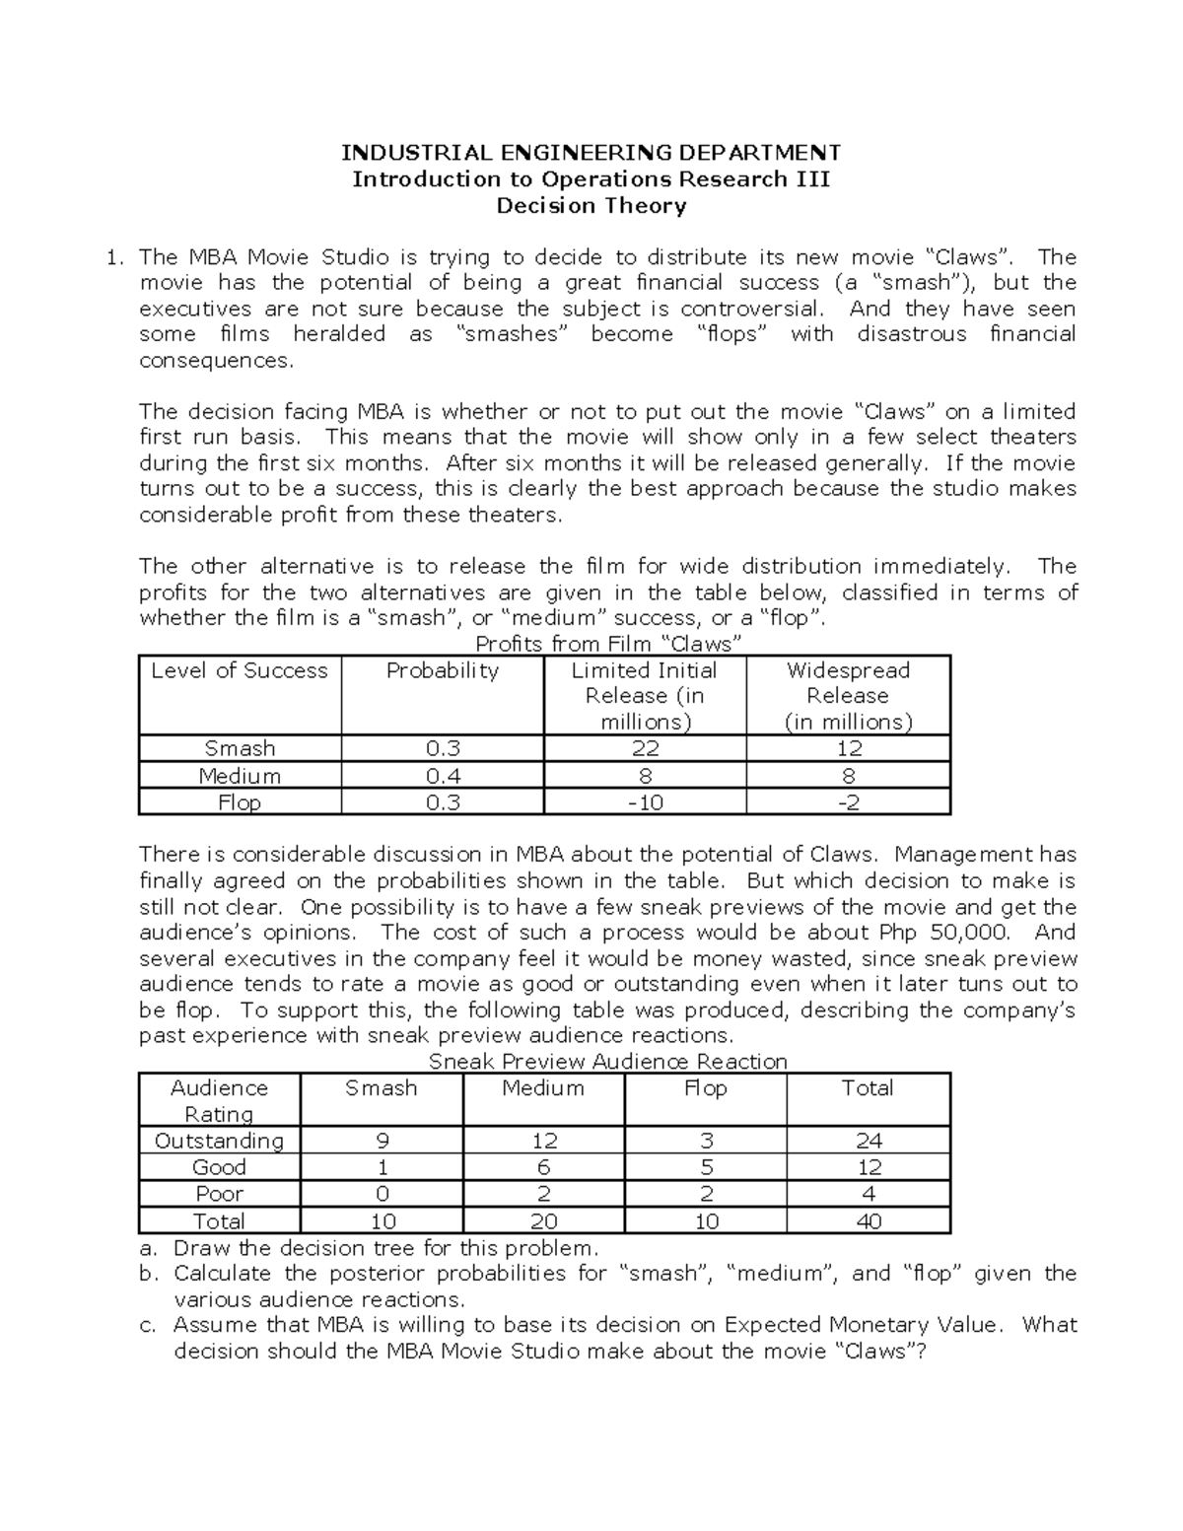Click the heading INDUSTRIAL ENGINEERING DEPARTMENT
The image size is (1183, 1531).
pyautogui.click(x=591, y=153)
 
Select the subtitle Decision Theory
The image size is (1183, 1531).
pyautogui.click(x=591, y=206)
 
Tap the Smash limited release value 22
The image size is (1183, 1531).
pyautogui.click(x=645, y=749)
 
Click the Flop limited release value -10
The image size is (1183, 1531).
pyautogui.click(x=645, y=802)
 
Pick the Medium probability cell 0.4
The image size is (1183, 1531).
pyautogui.click(x=442, y=776)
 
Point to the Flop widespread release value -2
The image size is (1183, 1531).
pyautogui.click(x=848, y=802)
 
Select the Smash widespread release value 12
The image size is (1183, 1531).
pyautogui.click(x=848, y=749)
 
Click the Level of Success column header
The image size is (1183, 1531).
pyautogui.click(x=240, y=671)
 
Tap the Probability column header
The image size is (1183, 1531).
pyautogui.click(x=442, y=671)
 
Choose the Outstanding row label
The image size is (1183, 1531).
pyautogui.click(x=219, y=1141)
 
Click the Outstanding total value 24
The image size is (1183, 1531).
pyautogui.click(x=868, y=1141)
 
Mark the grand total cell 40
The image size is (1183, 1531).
pyautogui.click(x=868, y=1221)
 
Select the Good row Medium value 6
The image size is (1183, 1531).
pyautogui.click(x=543, y=1167)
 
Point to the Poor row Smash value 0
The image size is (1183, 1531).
pyautogui.click(x=382, y=1194)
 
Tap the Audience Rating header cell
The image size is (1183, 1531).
pyautogui.click(x=219, y=1101)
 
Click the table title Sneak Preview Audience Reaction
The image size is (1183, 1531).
pyautogui.click(x=608, y=1062)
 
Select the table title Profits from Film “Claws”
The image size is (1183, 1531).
pyautogui.click(x=608, y=645)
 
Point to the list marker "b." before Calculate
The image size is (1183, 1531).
pyautogui.click(x=149, y=1274)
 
